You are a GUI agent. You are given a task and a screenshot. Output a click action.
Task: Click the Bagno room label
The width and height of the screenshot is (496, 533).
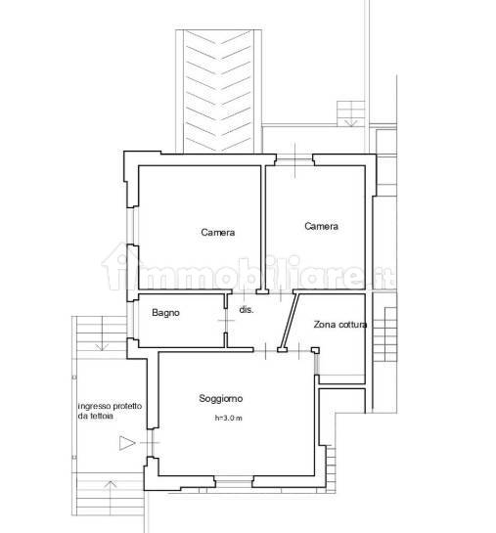165,312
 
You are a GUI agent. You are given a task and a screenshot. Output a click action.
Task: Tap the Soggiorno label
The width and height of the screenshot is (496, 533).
221,398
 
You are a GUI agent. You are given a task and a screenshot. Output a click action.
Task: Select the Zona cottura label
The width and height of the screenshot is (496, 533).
339,325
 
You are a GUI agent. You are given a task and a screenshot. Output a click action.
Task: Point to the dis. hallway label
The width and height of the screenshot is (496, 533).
247,310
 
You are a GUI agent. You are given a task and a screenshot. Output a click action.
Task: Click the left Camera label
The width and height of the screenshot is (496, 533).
217,232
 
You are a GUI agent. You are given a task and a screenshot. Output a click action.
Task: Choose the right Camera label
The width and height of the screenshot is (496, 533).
321,226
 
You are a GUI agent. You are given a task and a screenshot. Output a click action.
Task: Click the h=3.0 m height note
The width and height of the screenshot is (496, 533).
229,419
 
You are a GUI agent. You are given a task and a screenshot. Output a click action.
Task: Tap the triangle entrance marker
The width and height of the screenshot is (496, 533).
127,443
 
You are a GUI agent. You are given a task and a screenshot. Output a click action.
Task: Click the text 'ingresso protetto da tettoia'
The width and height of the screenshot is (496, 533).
110,411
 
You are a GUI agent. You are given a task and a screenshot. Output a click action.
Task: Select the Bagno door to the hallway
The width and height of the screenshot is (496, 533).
226,321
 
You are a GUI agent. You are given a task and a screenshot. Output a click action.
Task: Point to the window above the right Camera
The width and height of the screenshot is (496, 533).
294,159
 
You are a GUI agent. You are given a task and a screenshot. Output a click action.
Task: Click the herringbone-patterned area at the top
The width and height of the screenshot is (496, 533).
218,91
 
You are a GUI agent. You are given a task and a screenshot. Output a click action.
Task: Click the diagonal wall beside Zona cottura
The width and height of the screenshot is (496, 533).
289,321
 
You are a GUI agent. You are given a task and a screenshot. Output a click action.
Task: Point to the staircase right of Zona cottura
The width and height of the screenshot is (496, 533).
384,334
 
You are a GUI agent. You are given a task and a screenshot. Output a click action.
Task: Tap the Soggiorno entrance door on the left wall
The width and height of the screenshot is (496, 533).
151,443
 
